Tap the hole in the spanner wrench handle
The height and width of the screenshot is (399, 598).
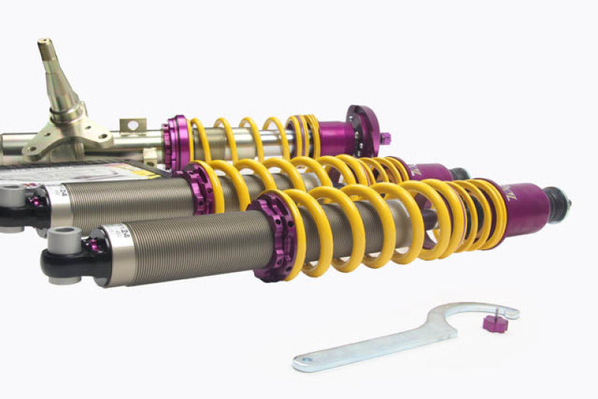click(x=303, y=364)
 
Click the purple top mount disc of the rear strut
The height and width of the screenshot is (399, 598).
click(x=364, y=130)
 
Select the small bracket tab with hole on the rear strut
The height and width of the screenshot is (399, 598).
click(x=132, y=126)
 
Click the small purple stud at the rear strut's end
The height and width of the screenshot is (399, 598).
click(x=384, y=138)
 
